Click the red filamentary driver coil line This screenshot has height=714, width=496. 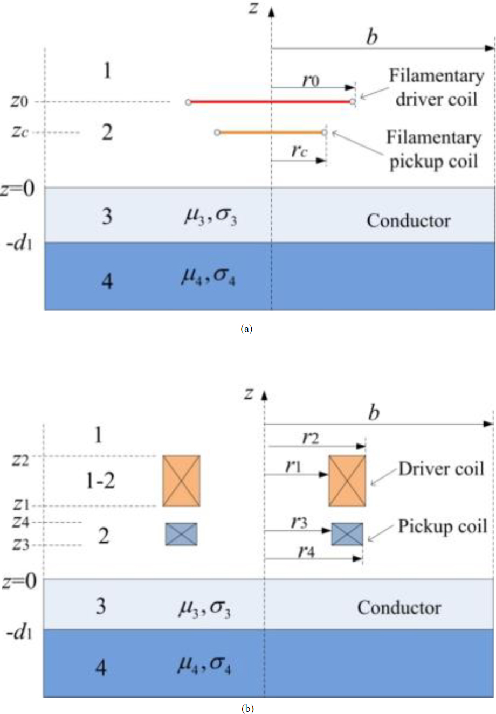coord(270,102)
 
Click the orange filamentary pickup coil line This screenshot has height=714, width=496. coord(270,132)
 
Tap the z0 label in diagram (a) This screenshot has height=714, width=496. coord(19,101)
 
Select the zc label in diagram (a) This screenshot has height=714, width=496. coord(19,132)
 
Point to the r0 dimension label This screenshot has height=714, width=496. coord(311,81)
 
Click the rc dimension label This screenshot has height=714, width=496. coord(299,150)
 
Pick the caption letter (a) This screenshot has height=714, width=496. coord(247,328)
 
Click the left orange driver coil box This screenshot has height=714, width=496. coord(181,481)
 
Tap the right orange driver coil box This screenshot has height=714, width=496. coord(347,481)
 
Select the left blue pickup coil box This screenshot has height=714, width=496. coord(181,534)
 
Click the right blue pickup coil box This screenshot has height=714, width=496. coord(347,534)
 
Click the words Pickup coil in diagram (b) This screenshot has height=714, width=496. coord(442,526)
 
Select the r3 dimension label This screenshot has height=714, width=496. coord(299,523)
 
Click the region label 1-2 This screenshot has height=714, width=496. coord(100,480)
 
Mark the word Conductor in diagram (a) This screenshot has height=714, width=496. coord(409,220)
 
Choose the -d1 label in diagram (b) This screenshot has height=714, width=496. coord(19,632)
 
